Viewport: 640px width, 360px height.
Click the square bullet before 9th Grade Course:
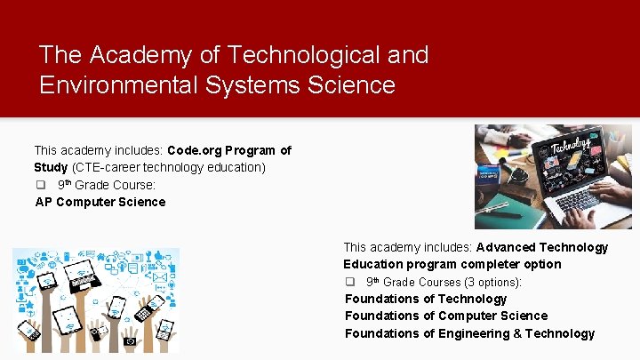click(40, 185)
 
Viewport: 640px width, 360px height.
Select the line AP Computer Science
click(100, 202)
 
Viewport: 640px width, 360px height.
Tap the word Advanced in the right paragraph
click(509, 247)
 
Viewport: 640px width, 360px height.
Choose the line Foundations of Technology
click(426, 299)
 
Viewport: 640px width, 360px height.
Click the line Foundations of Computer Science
click(446, 316)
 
